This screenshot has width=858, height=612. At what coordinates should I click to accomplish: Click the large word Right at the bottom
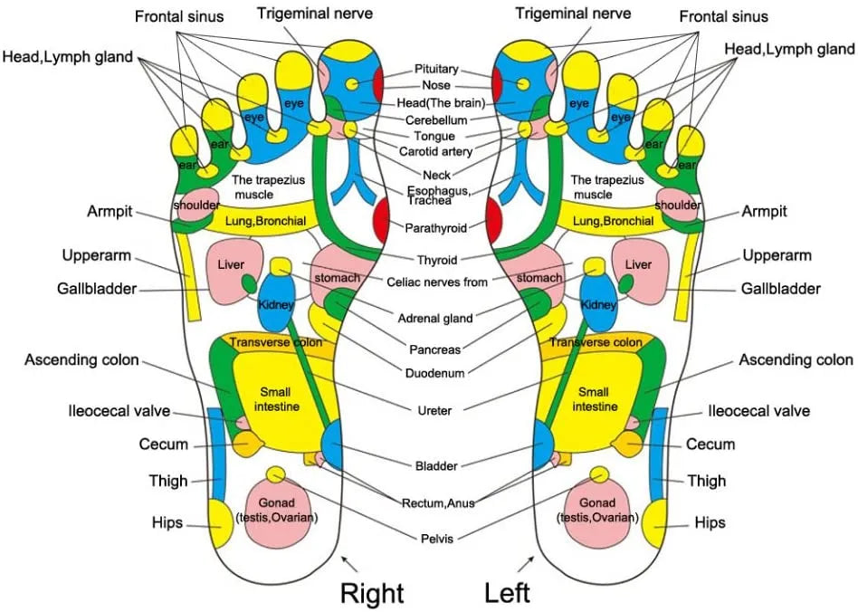(371, 593)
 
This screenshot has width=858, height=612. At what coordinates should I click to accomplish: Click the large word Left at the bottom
(508, 593)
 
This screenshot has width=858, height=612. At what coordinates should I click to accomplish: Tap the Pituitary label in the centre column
(436, 69)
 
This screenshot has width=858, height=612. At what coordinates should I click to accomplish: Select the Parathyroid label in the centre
(435, 227)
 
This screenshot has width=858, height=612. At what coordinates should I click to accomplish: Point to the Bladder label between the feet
(435, 465)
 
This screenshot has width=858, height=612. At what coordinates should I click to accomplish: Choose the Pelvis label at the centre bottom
(436, 539)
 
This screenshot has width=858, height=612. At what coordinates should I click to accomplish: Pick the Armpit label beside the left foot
(764, 211)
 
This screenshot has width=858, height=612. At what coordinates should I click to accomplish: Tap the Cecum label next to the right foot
(164, 445)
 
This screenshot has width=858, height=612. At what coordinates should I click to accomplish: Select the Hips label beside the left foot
(710, 522)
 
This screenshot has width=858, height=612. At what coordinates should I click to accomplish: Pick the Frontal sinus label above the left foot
(723, 16)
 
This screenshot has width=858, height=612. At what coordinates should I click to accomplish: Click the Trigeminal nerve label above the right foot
(314, 14)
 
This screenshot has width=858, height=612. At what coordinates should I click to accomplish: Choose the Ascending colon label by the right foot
(81, 360)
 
